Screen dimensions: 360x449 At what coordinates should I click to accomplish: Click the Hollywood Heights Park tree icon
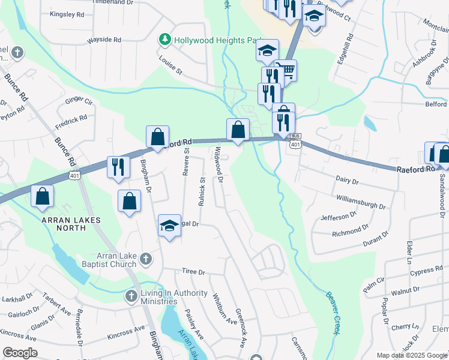click(x=164, y=40)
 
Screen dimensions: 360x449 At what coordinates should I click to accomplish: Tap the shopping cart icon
click(x=286, y=71)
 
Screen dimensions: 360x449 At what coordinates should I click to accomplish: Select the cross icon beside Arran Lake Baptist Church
click(x=145, y=259)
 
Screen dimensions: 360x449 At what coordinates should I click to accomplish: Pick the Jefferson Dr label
click(x=339, y=216)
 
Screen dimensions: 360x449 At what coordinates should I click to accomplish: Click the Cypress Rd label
click(x=427, y=274)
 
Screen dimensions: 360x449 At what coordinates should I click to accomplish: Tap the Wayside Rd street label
click(x=104, y=40)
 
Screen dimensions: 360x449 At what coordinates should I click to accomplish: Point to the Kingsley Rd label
click(x=67, y=14)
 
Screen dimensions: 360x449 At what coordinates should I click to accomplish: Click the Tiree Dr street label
click(x=193, y=272)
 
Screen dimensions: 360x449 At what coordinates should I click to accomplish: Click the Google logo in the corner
click(x=20, y=353)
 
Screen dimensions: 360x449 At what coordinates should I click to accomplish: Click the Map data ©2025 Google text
click(x=412, y=355)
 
